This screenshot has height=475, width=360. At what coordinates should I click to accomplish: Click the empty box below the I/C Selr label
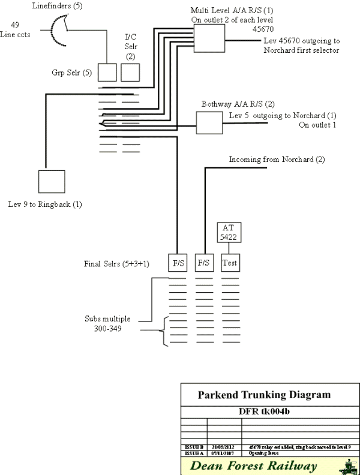pos(130,73)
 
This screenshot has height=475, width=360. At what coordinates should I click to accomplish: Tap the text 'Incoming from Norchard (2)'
pos(277,160)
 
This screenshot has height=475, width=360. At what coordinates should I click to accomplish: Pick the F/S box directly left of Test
pos(205,263)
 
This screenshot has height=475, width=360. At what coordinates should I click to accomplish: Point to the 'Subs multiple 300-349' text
pos(106,324)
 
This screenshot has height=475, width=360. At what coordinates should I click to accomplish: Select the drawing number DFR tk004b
pos(265,412)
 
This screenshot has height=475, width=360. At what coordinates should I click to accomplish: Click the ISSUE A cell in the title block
pos(193,453)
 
